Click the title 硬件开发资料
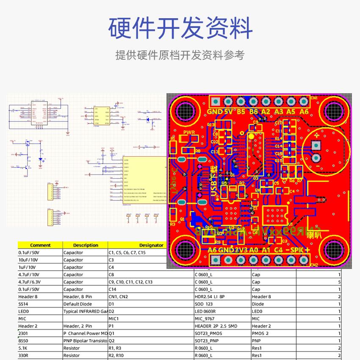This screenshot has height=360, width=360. click(180, 28)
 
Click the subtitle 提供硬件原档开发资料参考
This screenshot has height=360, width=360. click(180, 55)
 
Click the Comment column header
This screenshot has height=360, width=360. click(40, 245)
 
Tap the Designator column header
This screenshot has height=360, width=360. click(151, 245)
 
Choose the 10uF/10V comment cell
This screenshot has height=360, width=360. click(28, 260)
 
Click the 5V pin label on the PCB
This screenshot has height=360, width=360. click(228, 112)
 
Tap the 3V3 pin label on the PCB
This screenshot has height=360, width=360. click(241, 250)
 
